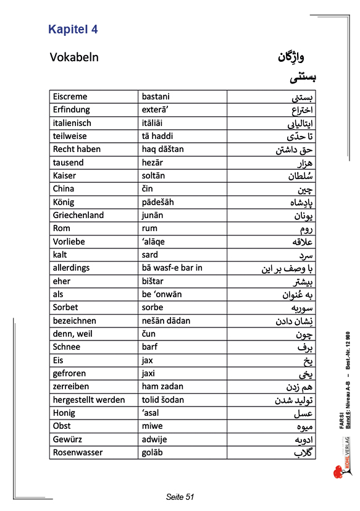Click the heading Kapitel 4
(73, 29)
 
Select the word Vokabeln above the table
(74, 57)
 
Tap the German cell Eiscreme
(70, 96)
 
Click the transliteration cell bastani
(156, 96)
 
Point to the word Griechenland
(78, 215)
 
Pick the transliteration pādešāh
(158, 202)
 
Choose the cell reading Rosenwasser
(78, 452)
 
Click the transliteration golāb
(153, 452)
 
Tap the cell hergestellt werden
(89, 400)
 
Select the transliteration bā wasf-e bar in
(172, 268)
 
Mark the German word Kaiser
(65, 175)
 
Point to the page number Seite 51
(180, 497)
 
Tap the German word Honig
(64, 413)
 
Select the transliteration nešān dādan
(166, 321)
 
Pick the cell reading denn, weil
(72, 334)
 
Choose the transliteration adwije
(154, 439)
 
